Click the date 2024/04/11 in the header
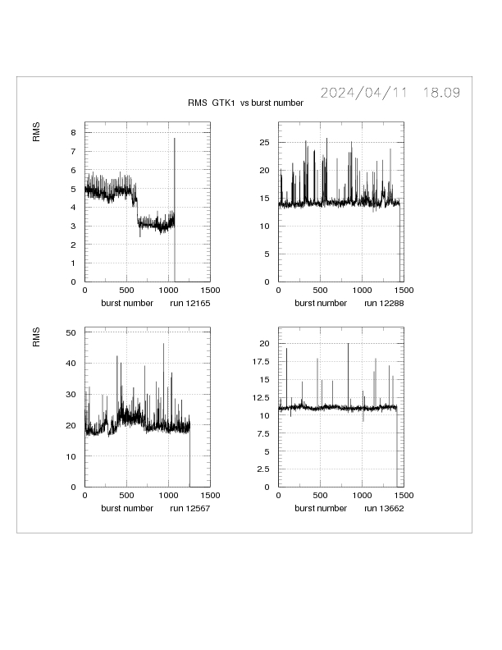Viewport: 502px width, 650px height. tap(363, 93)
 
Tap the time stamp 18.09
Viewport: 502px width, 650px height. tap(441, 93)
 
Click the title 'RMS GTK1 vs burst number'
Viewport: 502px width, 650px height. tap(246, 103)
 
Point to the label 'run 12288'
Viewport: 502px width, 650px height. tap(383, 303)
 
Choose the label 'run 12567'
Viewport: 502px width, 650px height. tap(189, 508)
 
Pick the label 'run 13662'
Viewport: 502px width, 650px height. tap(383, 508)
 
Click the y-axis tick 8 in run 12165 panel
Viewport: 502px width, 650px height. tap(74, 132)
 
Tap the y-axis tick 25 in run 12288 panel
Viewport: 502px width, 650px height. tap(265, 142)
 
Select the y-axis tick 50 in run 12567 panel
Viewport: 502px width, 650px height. tap(71, 332)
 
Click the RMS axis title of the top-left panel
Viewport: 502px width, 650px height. tap(37, 132)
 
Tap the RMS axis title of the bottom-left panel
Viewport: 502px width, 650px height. tap(37, 337)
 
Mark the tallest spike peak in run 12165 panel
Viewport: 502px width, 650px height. tap(175, 139)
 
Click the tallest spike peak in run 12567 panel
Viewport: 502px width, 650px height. tap(163, 344)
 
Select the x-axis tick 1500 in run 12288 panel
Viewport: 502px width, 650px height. tap(403, 291)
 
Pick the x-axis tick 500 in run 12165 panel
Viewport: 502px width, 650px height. tap(127, 291)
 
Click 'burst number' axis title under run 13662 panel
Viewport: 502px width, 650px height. tap(321, 508)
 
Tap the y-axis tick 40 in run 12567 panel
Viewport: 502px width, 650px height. tap(71, 363)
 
